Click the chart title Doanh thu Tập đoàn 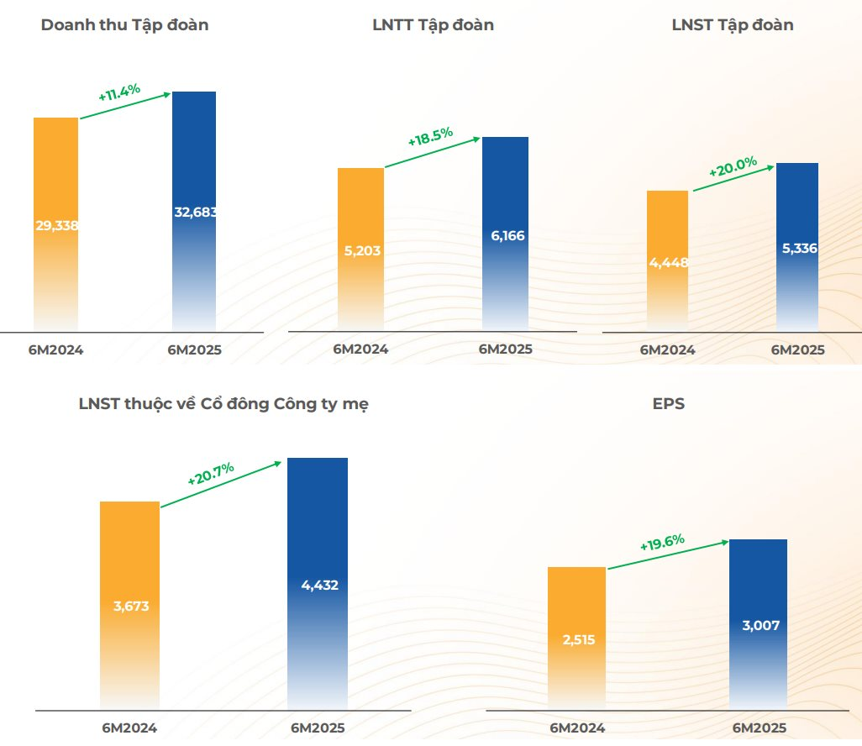pos(124,25)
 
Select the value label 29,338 pos(56,225)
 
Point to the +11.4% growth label pos(119,92)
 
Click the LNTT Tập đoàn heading pos(433,25)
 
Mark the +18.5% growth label pos(430,137)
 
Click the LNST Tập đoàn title pos(733,25)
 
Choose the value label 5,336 pos(797,249)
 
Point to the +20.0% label pos(733,166)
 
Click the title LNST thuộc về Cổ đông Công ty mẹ pos(223,404)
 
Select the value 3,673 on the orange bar pos(130,606)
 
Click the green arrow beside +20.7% pos(221,485)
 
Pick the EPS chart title pos(668,404)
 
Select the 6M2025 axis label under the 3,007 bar pos(759,728)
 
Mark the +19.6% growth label pos(662,542)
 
